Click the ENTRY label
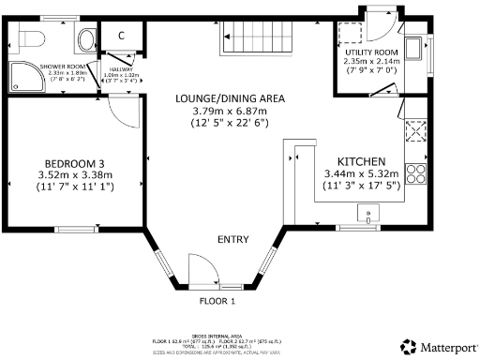click(x=232, y=240)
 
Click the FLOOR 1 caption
click(x=217, y=301)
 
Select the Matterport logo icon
click(x=409, y=346)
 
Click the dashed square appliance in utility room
click(x=352, y=32)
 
